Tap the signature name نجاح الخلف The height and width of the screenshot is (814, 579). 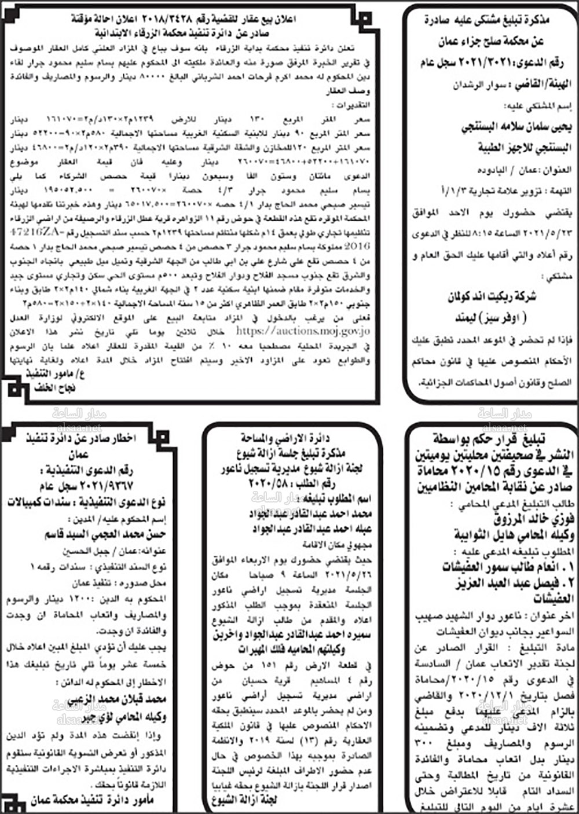(x=54, y=387)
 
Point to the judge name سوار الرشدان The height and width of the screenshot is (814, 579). (x=478, y=85)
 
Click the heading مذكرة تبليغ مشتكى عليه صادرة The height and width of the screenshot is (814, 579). (x=495, y=20)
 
